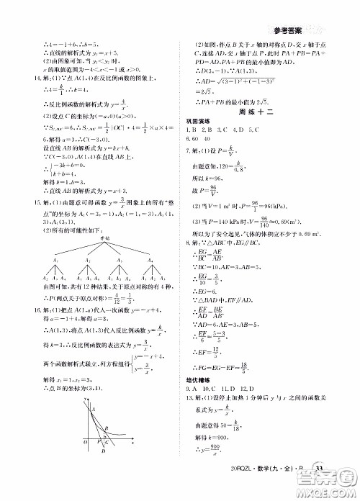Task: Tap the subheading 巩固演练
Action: click(x=197, y=129)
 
